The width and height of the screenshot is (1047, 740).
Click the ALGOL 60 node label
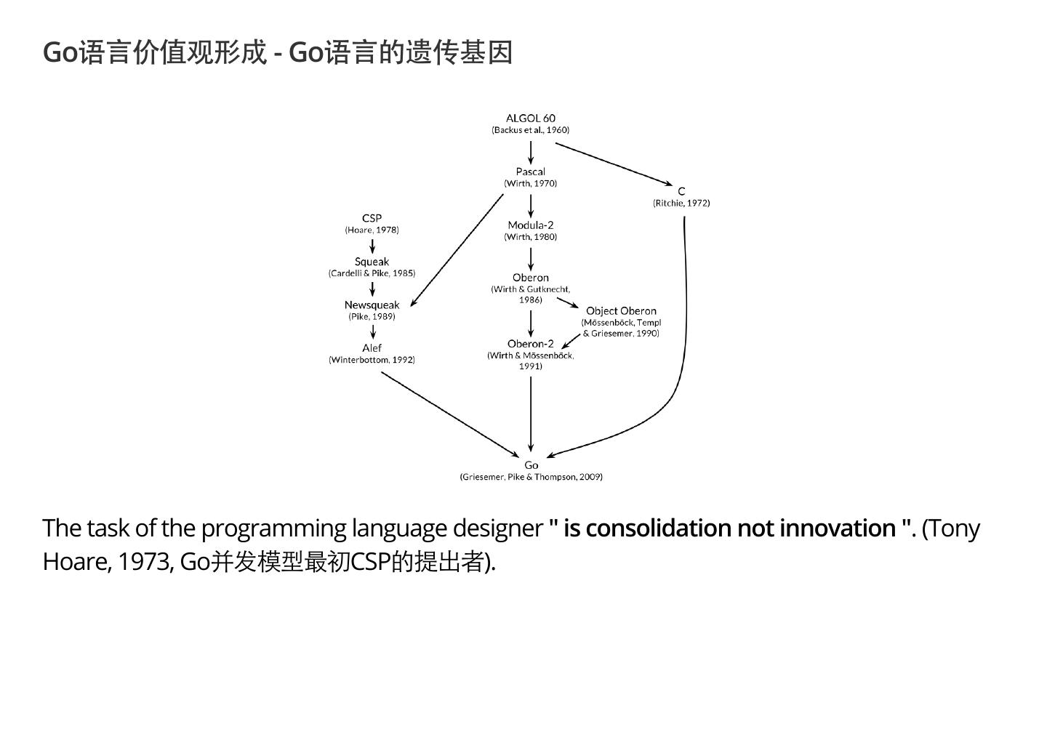click(x=531, y=118)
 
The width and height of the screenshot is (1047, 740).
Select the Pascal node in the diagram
click(x=531, y=172)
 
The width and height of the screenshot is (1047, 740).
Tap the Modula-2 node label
click(x=531, y=225)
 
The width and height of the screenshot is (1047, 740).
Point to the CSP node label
click(x=372, y=218)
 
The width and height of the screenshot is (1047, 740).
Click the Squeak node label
click(x=372, y=262)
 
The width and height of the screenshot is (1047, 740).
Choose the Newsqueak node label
click(x=372, y=305)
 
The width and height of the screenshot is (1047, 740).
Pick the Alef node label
click(x=372, y=347)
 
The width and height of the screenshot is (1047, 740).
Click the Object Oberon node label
click(x=621, y=311)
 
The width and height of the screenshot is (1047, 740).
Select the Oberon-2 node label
click(x=531, y=344)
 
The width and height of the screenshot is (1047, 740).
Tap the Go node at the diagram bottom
click(x=531, y=465)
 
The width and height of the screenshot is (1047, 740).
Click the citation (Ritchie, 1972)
click(x=681, y=203)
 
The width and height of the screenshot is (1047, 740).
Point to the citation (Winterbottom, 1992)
click(x=372, y=360)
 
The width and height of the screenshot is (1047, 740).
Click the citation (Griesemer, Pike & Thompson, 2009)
click(x=531, y=477)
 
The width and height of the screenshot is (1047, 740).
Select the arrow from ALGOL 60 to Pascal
click(x=531, y=152)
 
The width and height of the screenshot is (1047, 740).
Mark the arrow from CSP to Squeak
click(x=372, y=246)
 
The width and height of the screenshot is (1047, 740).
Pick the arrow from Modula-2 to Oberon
click(x=531, y=259)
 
